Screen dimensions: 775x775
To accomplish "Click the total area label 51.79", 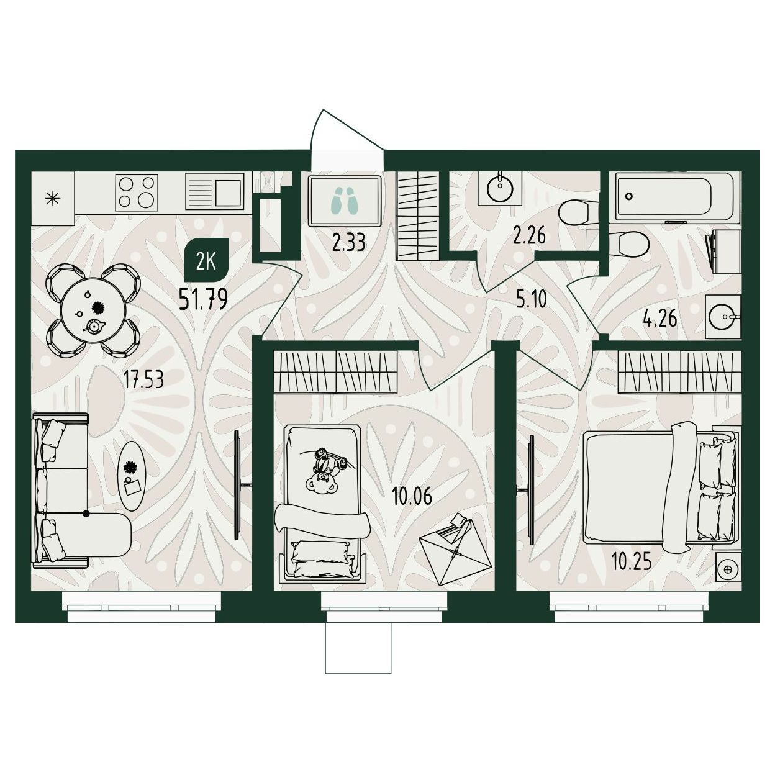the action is [x=203, y=299].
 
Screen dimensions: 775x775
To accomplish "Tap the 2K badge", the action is [x=206, y=263].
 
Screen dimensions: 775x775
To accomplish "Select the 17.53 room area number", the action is [x=143, y=380].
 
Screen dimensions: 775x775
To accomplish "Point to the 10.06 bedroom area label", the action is [x=412, y=496].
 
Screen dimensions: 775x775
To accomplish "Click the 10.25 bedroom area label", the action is [x=631, y=563].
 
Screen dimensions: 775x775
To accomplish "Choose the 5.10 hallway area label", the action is [x=532, y=299].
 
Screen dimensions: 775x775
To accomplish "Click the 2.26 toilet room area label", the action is [x=529, y=236].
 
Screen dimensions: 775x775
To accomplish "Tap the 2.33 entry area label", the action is [x=348, y=243].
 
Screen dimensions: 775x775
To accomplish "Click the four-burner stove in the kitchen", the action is [x=137, y=192].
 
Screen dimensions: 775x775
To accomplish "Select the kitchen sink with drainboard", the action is [x=215, y=192].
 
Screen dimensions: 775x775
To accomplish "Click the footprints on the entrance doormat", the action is [x=344, y=200].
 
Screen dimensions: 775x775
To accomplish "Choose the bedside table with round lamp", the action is [x=728, y=569].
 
